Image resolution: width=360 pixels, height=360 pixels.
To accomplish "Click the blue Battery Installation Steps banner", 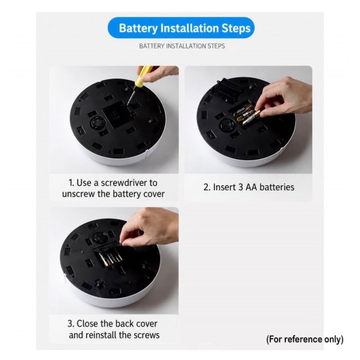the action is [181, 27].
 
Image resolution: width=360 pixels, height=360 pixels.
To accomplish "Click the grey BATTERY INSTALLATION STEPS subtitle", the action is [182, 46].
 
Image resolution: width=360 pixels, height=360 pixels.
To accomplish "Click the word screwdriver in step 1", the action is [124, 183].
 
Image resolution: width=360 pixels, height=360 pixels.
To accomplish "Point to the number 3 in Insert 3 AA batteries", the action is [241, 187].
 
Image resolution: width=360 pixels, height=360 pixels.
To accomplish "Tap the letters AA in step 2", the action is [251, 187].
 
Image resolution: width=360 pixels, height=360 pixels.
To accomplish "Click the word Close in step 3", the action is [87, 323].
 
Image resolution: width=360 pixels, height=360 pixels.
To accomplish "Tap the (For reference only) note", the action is [305, 339].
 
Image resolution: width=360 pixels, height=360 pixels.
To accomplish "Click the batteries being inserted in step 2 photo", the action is [245, 115].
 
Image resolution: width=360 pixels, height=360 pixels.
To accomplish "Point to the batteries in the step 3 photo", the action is [110, 258].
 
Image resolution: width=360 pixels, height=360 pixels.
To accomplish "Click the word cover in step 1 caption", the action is [154, 194].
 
